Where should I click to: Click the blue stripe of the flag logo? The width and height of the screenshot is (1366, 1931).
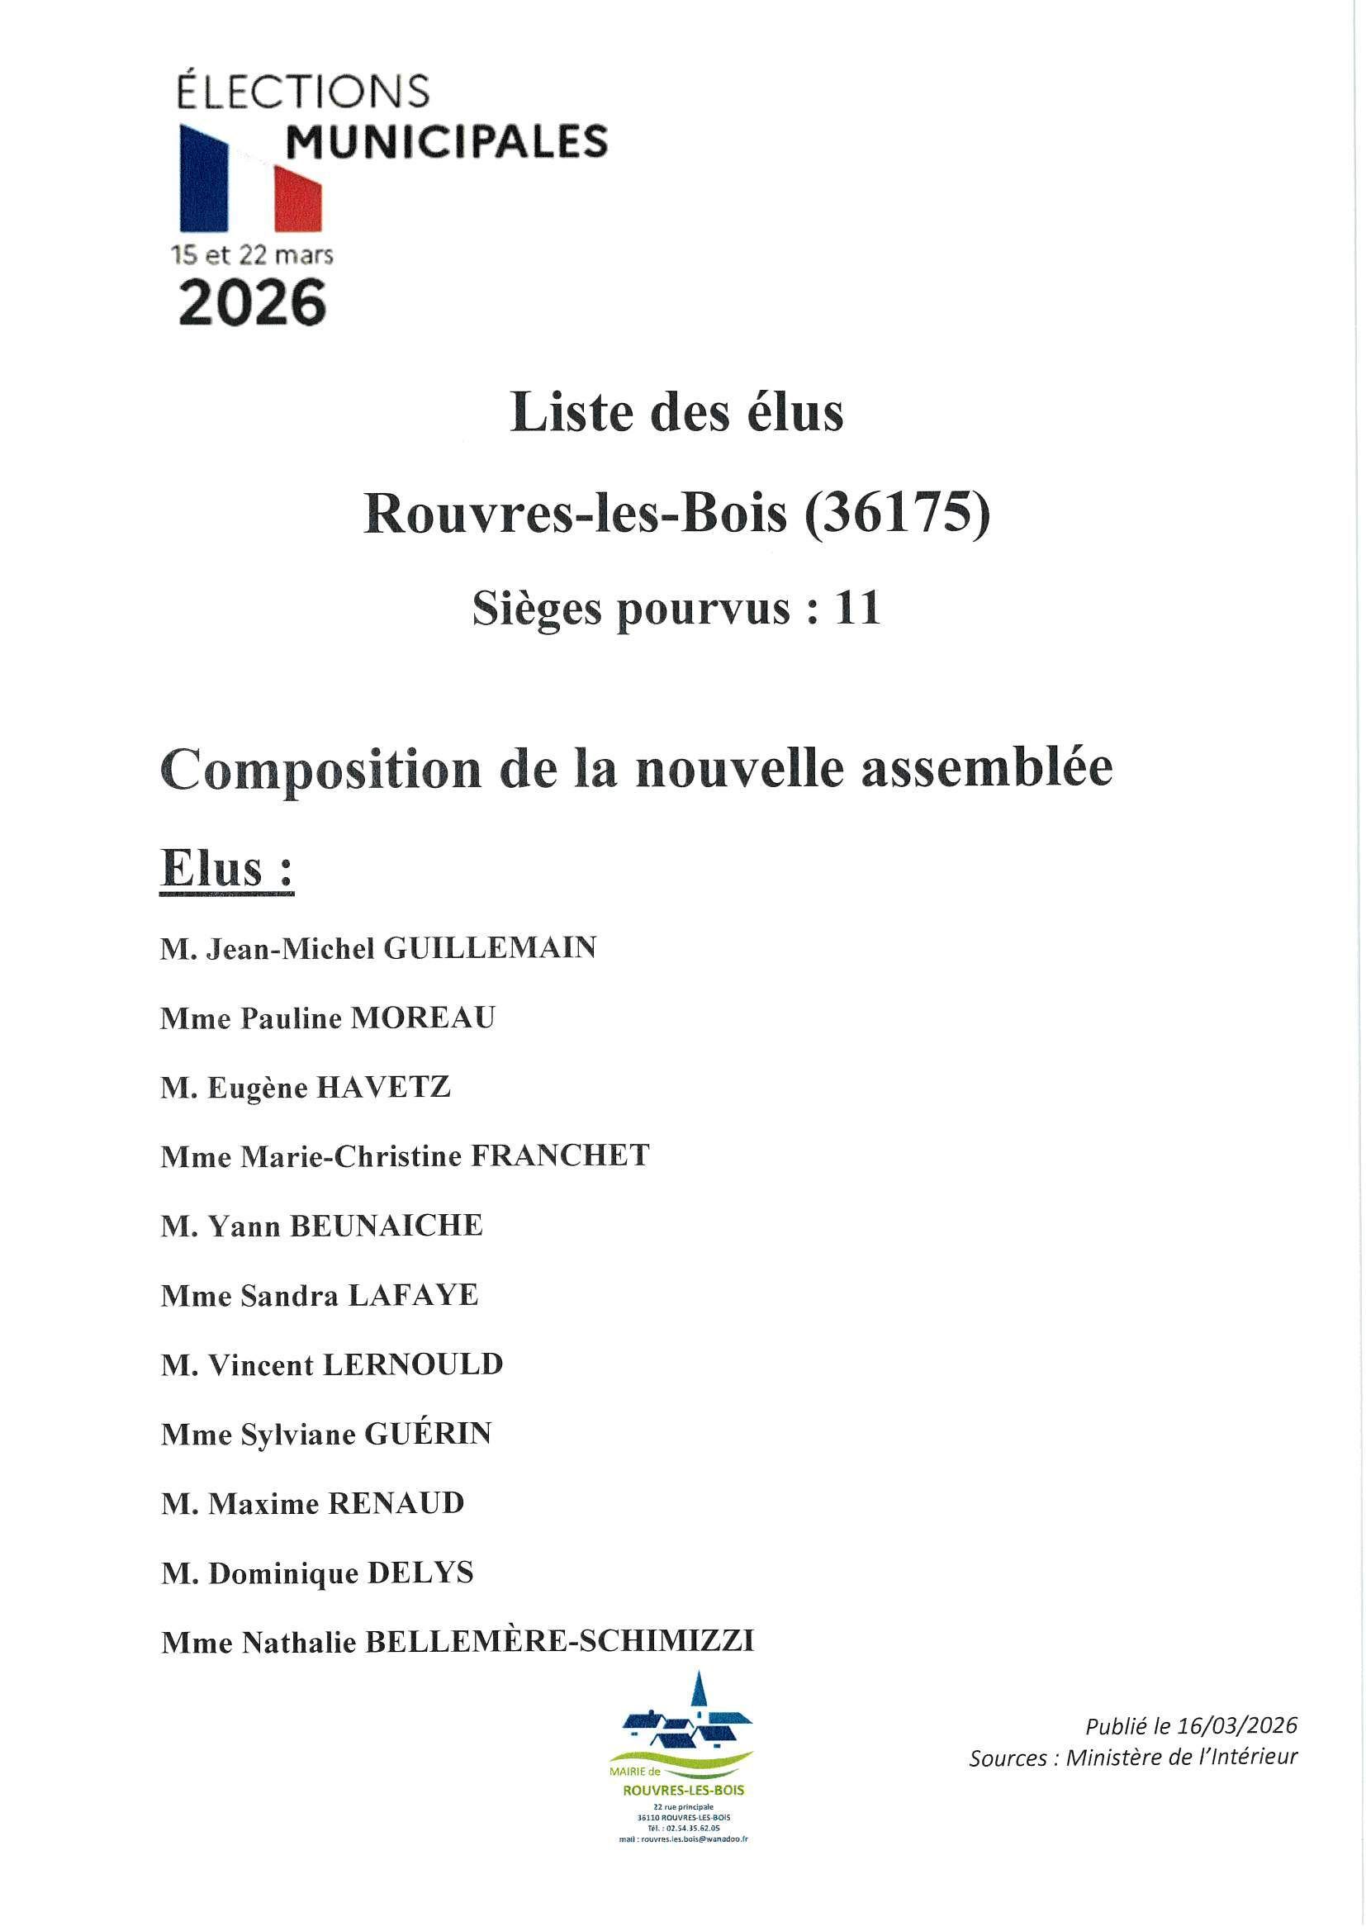[x=202, y=179]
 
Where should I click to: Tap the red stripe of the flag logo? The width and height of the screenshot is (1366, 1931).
[x=299, y=197]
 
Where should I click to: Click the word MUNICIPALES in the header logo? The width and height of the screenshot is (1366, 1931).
[x=446, y=141]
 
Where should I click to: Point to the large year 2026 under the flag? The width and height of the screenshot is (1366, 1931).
[x=253, y=303]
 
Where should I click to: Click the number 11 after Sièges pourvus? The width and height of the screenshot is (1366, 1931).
[x=857, y=607]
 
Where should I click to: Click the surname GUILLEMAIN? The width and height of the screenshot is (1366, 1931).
[x=490, y=949]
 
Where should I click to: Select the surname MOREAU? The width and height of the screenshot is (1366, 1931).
[x=422, y=1018]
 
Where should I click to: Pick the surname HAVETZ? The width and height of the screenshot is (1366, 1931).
[x=382, y=1088]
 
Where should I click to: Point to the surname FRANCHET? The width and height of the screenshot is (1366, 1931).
[x=559, y=1156]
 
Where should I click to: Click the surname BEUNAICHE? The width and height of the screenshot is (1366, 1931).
[x=386, y=1226]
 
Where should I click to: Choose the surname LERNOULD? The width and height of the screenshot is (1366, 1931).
[x=413, y=1365]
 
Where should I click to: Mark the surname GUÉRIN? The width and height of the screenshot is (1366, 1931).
[x=427, y=1434]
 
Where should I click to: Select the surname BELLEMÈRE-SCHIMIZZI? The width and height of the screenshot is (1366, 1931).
[x=558, y=1643]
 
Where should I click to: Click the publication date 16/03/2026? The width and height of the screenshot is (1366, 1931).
[x=1236, y=1727]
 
